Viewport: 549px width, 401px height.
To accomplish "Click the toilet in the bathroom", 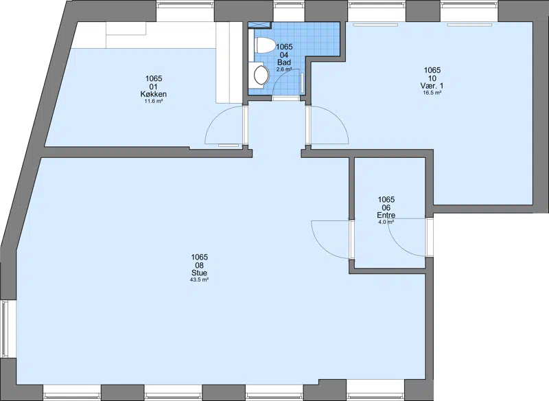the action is coord(266,45).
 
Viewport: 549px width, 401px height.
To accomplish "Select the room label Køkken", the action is coord(153,94).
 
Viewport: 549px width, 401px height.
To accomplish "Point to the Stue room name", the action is coord(199,273).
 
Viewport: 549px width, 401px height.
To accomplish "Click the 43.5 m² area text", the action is coord(199,280).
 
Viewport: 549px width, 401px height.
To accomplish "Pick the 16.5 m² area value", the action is coord(432,93).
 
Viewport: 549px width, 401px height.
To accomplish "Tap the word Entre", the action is coord(386,215).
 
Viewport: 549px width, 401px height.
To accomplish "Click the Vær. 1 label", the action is coord(432,86).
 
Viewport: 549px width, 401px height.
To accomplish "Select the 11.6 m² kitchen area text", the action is coord(154,101).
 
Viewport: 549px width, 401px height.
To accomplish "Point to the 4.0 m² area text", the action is coord(386,222).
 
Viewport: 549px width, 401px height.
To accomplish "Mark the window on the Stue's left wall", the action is coord(4,328).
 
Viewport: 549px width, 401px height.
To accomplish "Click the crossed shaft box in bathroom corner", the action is coord(259,25).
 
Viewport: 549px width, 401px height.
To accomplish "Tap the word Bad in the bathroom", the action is coord(284,62).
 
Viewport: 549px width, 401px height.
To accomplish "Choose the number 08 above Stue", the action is coord(199,265).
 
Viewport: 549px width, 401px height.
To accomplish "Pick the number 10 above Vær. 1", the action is coord(432,78).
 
